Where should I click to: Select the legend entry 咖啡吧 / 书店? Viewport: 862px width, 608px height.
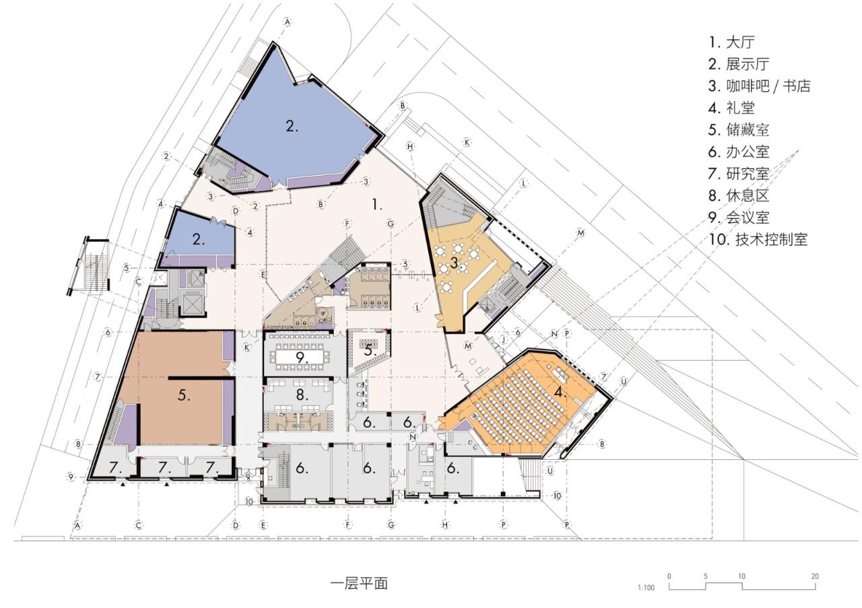tap(759, 86)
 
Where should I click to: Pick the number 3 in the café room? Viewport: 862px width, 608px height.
tap(454, 264)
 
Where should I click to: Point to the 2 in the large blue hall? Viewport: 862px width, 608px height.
tap(291, 125)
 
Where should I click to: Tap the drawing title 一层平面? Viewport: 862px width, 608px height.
tap(359, 582)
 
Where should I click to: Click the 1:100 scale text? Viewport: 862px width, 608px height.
tap(645, 588)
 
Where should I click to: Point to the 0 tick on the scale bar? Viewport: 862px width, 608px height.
tap(669, 576)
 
